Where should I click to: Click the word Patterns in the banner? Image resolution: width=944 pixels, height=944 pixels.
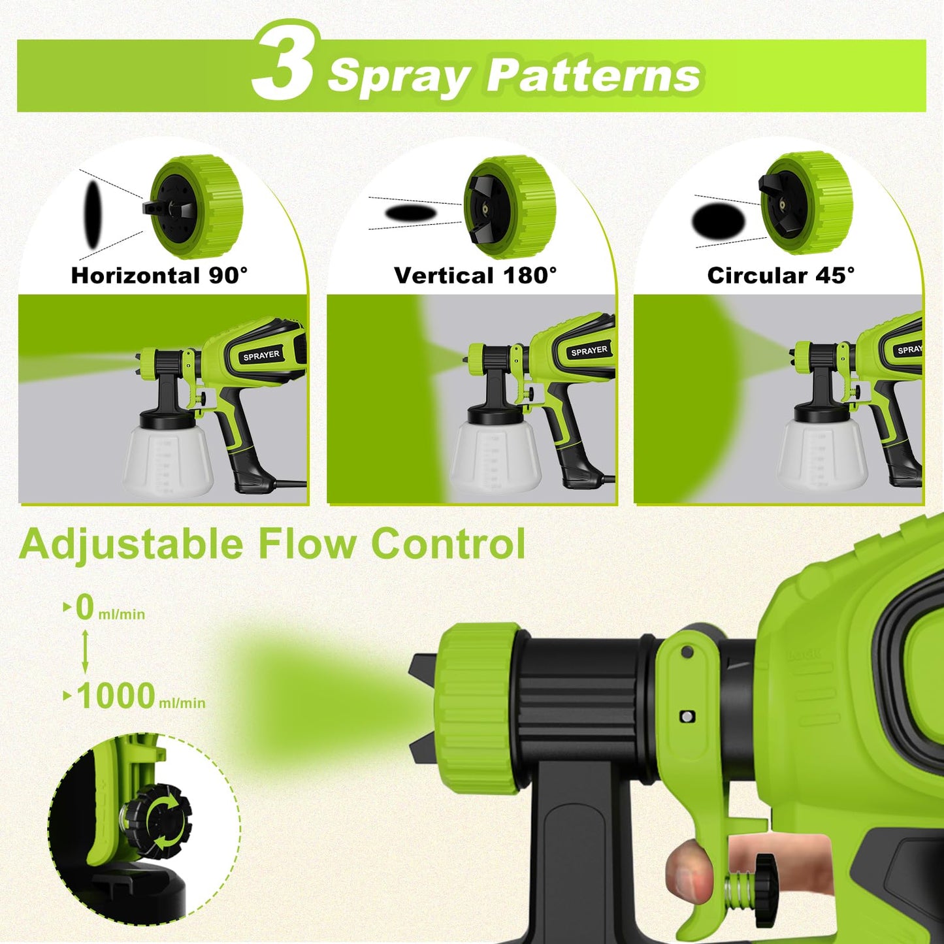[594, 76]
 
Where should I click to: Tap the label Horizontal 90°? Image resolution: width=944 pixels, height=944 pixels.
[159, 275]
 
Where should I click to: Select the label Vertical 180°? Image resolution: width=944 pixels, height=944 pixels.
[475, 275]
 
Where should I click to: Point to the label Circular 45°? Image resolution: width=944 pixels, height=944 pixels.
[781, 275]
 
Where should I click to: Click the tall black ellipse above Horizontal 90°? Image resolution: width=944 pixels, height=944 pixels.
[93, 214]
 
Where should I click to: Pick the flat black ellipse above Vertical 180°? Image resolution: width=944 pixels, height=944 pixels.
[410, 213]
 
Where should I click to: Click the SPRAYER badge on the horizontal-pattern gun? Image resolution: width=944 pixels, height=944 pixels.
[261, 355]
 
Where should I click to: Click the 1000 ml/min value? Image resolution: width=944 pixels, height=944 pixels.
[140, 696]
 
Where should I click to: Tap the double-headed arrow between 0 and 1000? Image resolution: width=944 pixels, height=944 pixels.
[85, 652]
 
